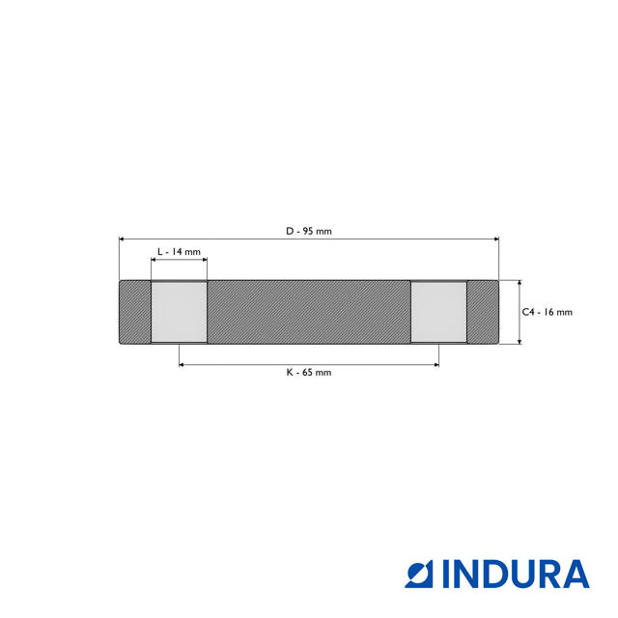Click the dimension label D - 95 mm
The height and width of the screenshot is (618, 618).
pos(308,231)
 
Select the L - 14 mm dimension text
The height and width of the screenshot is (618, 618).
pos(179,251)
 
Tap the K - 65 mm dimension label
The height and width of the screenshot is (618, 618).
pos(308,372)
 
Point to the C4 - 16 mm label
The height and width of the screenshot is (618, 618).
pos(548,312)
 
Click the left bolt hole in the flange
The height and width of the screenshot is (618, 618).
pos(179,312)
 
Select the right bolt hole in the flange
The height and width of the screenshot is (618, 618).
pos(439,312)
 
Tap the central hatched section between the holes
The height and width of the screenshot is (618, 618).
pos(309,312)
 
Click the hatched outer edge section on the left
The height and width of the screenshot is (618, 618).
pos(134,312)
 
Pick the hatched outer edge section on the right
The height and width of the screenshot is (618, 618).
pos(483,312)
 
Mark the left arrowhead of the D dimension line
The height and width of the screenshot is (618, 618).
pos(122,239)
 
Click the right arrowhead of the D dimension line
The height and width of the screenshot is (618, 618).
pos(496,239)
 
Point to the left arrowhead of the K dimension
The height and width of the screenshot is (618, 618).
pos(183,364)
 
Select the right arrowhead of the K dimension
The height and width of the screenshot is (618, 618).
pos(435,364)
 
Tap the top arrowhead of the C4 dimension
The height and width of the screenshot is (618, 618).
pos(520,284)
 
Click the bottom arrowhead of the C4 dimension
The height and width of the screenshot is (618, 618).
pos(520,341)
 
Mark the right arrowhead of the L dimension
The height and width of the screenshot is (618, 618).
pos(204,260)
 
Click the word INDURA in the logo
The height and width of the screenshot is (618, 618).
pos(516,574)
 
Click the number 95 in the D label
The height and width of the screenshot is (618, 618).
pos(308,231)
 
